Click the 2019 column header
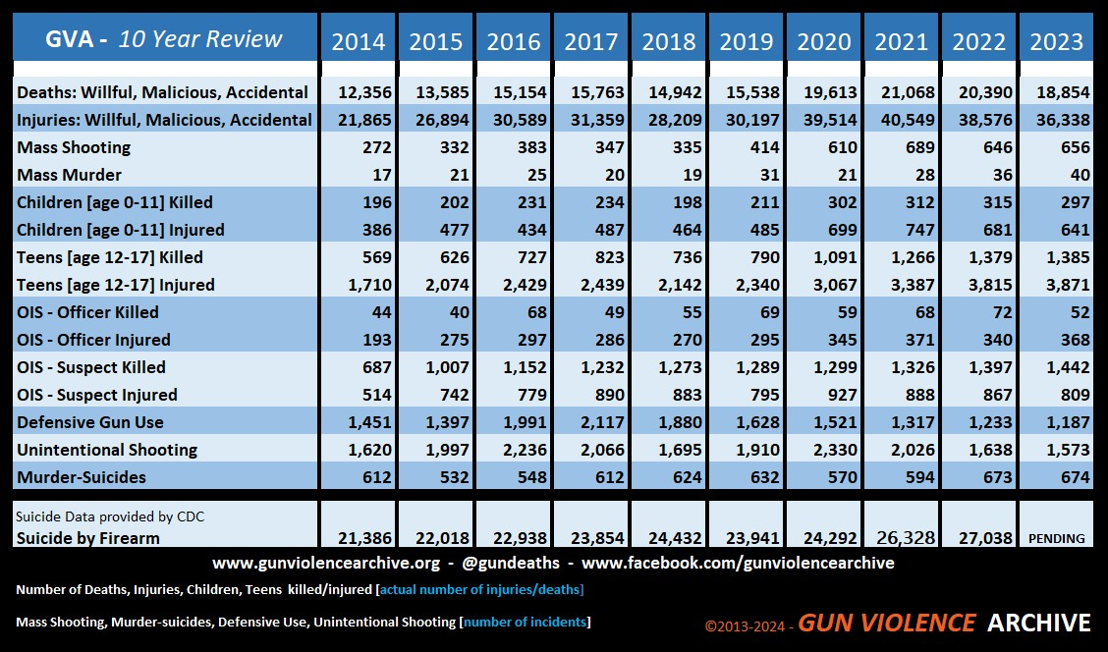tap(747, 41)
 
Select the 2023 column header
tap(1056, 41)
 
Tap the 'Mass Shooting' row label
tap(74, 147)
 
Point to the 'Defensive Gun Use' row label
tap(89, 422)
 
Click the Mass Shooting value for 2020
tap(842, 147)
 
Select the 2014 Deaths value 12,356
tap(364, 92)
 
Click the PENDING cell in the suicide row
tap(1056, 538)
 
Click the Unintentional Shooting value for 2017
tap(597, 450)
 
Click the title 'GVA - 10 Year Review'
tap(164, 39)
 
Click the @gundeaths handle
tap(510, 563)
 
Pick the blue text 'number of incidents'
tap(526, 623)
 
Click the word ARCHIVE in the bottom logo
tap(1039, 623)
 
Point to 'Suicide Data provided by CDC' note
tap(110, 517)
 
